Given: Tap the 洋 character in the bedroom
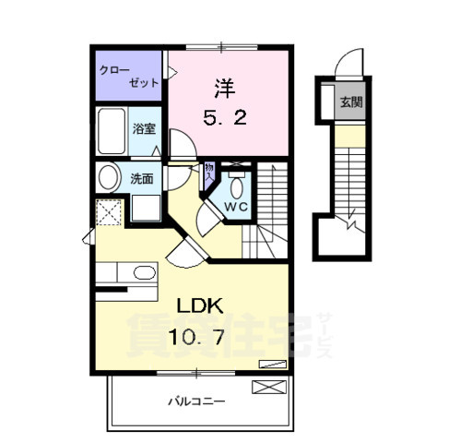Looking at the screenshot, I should [x=224, y=88].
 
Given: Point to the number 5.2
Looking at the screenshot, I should [x=224, y=118].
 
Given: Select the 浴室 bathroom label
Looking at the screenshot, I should [x=144, y=130].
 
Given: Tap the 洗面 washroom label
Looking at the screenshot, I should [x=141, y=179].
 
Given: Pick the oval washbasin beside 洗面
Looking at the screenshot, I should [x=108, y=179].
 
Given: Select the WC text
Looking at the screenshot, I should [x=234, y=208].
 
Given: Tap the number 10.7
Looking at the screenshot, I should [x=195, y=338].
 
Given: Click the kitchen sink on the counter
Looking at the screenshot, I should [x=143, y=272].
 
